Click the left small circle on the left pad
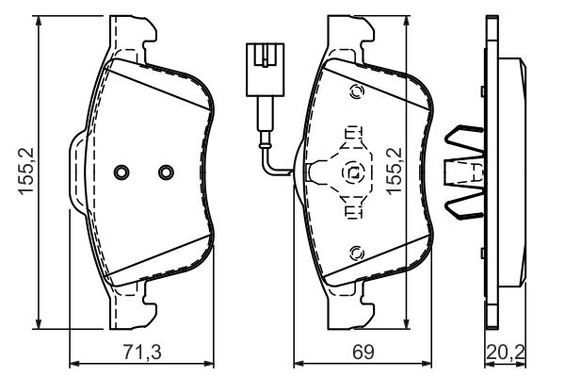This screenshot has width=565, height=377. [x=120, y=172]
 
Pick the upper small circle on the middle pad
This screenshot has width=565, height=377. [x=356, y=92]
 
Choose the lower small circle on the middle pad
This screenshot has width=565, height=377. [x=356, y=253]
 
